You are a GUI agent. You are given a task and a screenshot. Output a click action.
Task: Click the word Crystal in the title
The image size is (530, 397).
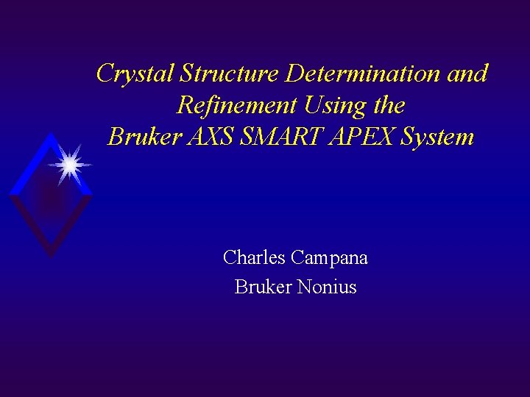point(135,74)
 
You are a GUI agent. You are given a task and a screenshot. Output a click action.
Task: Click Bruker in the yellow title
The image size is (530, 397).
point(141,137)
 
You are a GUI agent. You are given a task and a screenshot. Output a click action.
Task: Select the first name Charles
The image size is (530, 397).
point(254,258)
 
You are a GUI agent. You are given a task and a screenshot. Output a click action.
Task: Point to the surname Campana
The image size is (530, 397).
point(330,258)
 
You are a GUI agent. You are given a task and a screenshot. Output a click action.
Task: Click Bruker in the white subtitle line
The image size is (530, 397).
point(262,287)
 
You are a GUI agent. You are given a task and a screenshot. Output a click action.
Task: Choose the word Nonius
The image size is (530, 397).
point(326,287)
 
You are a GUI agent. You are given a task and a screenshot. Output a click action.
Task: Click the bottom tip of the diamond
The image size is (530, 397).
point(50,257)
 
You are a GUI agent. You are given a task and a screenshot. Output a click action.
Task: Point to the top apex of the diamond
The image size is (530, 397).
point(50,135)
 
